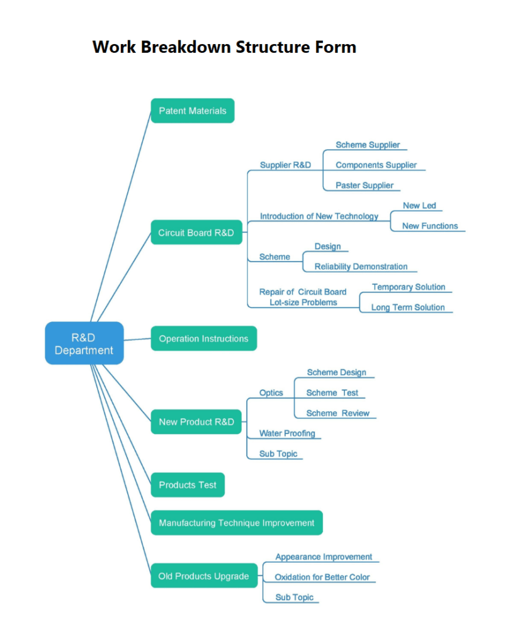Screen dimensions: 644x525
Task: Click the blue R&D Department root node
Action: (x=84, y=343)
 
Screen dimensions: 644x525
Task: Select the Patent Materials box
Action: (x=192, y=111)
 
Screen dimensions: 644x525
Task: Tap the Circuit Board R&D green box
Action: (x=196, y=233)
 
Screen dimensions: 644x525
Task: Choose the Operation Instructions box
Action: (x=203, y=338)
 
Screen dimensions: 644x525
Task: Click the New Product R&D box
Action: (x=196, y=421)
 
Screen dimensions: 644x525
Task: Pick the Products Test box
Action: (x=187, y=485)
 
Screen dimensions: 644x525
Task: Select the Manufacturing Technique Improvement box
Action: (x=236, y=523)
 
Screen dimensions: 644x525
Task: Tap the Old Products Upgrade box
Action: (x=203, y=576)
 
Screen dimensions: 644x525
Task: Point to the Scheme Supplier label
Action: (x=368, y=145)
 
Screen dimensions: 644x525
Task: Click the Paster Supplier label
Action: (x=364, y=186)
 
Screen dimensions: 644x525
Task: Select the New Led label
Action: (x=419, y=206)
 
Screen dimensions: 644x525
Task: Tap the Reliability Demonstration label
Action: (x=361, y=267)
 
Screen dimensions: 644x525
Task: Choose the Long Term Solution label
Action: (x=407, y=308)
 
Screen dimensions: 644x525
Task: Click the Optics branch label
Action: (x=271, y=392)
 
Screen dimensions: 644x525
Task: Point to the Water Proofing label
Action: (x=287, y=433)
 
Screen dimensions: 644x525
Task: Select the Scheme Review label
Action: (x=337, y=413)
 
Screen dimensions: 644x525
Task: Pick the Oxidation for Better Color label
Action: (x=322, y=577)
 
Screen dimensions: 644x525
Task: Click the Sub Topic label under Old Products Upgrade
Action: (x=294, y=597)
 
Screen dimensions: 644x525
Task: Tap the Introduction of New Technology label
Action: (x=319, y=216)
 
